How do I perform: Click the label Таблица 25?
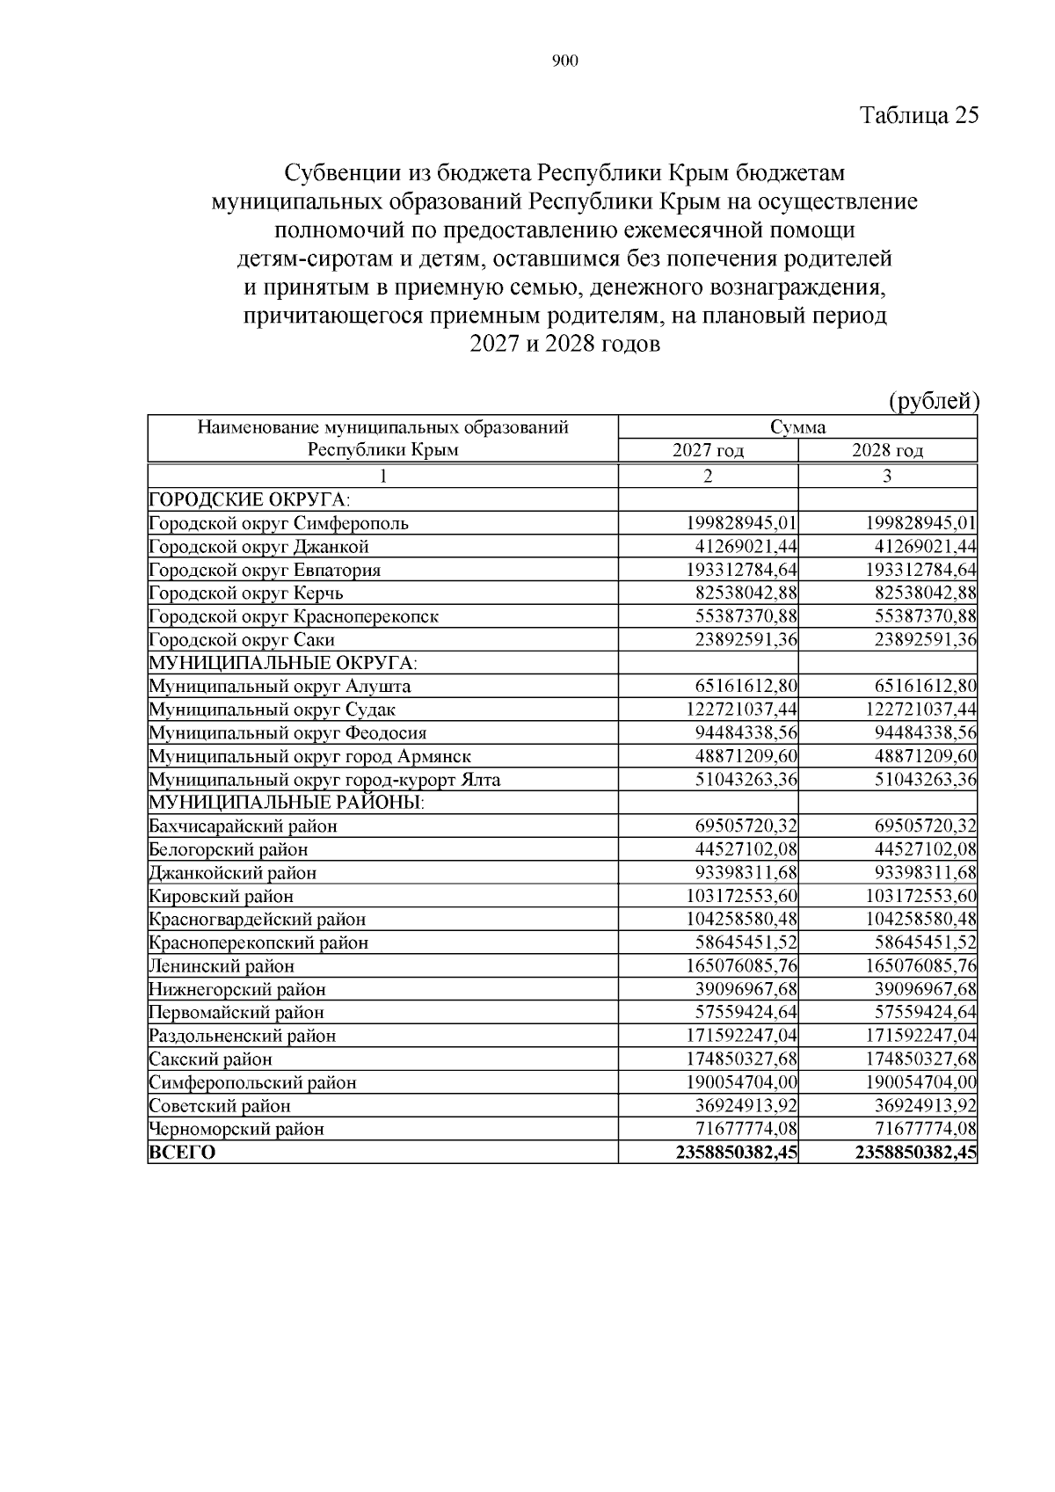[919, 116]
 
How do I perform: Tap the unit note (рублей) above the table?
[934, 402]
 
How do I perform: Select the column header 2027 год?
[708, 451]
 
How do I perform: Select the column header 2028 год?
[887, 451]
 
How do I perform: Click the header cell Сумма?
[797, 428]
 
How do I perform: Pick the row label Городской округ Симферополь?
[279, 523]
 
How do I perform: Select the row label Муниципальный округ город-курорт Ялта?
[324, 779]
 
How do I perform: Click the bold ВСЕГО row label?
[182, 1152]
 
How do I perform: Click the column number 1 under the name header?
[382, 476]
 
